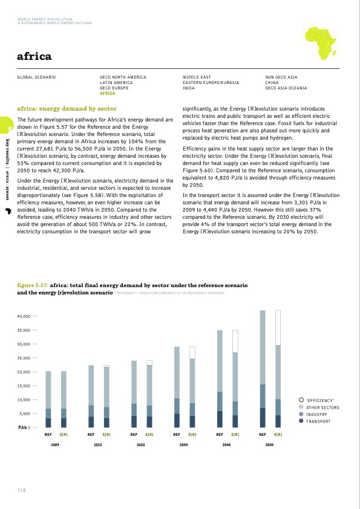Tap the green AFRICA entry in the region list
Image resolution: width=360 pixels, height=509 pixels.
coord(107,94)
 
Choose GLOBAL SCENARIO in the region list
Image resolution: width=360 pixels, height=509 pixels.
coord(36,78)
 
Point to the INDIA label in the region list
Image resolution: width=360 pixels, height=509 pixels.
coord(190,88)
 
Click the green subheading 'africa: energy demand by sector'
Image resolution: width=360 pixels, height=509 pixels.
coord(67,108)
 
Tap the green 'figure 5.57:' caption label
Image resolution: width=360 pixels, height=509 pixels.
coord(32,284)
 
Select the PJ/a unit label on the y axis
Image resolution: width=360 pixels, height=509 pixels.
coord(23,428)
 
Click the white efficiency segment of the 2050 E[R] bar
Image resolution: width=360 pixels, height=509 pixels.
coord(278,327)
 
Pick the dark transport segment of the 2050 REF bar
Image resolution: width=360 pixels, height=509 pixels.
coord(263,418)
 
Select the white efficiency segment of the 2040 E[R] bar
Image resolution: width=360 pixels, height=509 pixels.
coord(235,341)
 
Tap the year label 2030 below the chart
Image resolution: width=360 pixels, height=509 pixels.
coord(183,444)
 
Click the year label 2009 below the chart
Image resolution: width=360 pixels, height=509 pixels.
coord(55,444)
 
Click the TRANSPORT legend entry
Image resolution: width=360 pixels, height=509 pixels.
coord(318,421)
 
